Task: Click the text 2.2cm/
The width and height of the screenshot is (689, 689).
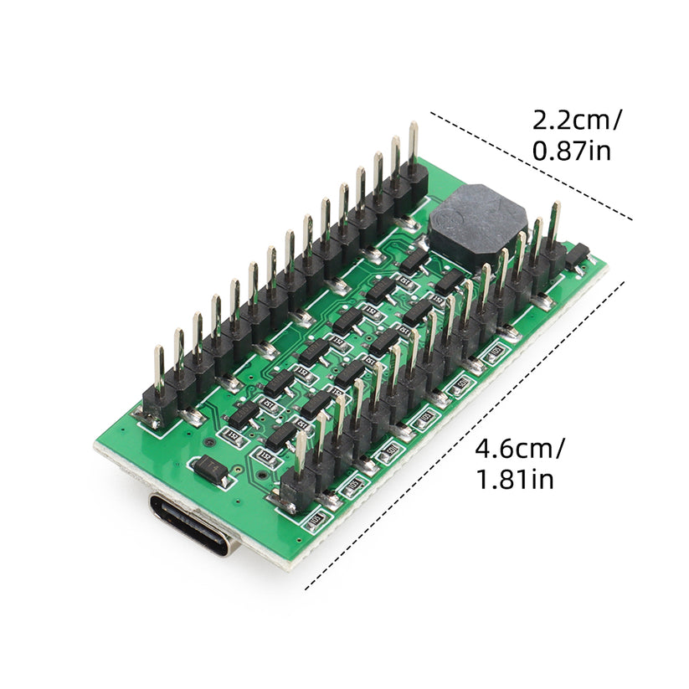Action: click(578, 121)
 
